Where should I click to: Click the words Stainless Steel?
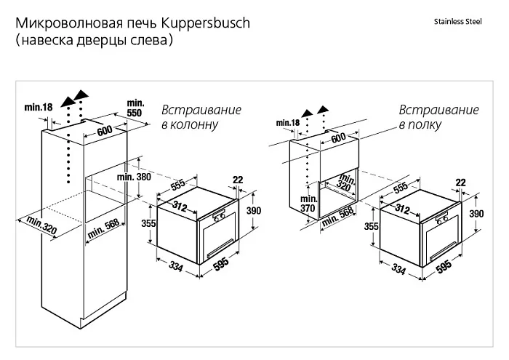pos(457,22)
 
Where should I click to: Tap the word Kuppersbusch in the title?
pos(206,23)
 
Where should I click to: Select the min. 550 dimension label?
pos(135,108)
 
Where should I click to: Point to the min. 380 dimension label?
pos(134,177)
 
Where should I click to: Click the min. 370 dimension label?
pos(308,203)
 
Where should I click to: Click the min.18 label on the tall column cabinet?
pos(39,107)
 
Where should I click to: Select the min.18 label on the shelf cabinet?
pos(288,123)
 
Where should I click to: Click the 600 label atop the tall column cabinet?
pos(105,131)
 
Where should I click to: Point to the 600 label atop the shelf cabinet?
pos(339,137)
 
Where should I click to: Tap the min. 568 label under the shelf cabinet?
pos(337,217)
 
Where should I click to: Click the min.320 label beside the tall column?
pos(41,225)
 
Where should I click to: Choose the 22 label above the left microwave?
pos(238,180)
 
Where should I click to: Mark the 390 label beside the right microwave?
pos(476,214)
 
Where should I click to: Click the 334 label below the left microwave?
pos(176,266)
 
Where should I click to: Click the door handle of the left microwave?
pos(220,247)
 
